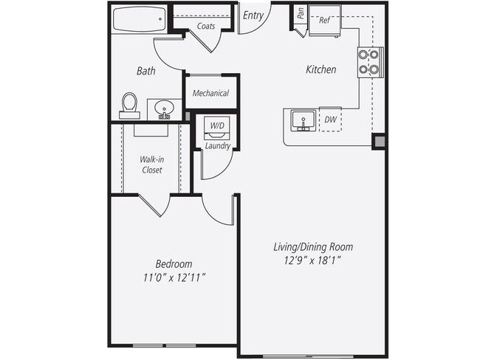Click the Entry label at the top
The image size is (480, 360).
coord(253,14)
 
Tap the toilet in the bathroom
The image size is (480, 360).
coord(130,104)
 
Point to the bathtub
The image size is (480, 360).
coord(140,19)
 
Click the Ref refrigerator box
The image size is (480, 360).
coord(323,21)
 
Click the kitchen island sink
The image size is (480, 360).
coord(301,120)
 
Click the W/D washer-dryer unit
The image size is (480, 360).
coord(217,127)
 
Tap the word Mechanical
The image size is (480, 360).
coord(210,94)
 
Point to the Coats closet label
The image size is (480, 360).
coord(206,27)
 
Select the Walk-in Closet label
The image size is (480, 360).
coord(151,165)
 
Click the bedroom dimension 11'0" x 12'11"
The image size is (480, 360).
coord(174,277)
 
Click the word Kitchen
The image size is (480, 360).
coord(321,70)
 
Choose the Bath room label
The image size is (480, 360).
coord(145,72)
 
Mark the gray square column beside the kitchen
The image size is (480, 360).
coord(378,141)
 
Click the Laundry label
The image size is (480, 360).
coord(218,146)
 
